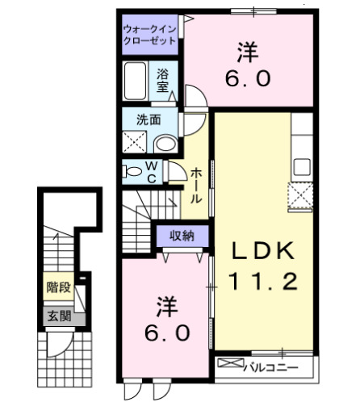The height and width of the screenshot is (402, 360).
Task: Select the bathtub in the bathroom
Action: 137,82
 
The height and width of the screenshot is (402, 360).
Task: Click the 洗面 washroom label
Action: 148,119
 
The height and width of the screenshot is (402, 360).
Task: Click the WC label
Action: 150,172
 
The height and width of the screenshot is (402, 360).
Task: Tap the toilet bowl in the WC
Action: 131,171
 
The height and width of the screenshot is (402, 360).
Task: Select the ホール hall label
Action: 195,186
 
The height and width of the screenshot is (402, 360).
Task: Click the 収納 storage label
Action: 182,236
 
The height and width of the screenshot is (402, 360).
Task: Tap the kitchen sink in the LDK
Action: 302,167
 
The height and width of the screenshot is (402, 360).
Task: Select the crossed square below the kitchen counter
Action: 302,194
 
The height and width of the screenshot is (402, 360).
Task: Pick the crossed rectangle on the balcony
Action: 229,365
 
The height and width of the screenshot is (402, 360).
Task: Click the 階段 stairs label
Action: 57,287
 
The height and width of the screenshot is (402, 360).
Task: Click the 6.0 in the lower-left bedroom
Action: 168,332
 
